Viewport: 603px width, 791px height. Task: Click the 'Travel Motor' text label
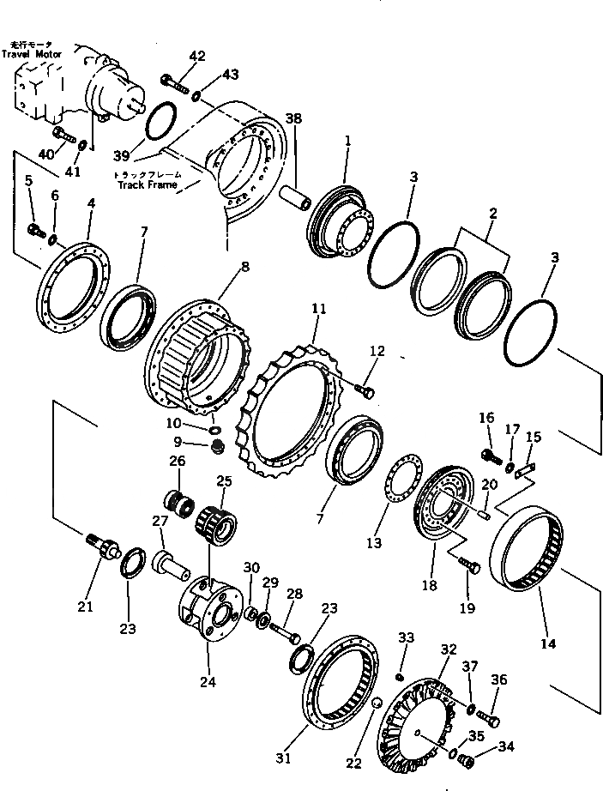coord(27,54)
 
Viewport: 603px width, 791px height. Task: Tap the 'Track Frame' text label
coord(148,184)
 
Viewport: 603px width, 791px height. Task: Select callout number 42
coord(197,57)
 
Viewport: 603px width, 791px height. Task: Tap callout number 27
coord(160,521)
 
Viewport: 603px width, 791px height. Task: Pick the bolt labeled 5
coord(33,230)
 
